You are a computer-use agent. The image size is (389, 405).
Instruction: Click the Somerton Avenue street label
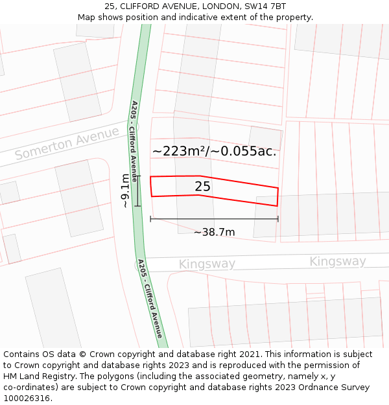[67, 144]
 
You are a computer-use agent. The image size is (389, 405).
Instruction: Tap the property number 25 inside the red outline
[203, 187]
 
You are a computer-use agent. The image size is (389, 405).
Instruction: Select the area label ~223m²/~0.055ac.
[215, 152]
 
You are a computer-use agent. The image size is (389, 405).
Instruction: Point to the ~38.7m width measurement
[214, 232]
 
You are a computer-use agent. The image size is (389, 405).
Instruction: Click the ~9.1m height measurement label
[125, 191]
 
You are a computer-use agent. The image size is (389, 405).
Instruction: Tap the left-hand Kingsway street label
[207, 264]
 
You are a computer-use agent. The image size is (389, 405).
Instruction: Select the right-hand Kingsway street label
[337, 261]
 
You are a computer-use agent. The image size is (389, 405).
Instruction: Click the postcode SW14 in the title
[256, 6]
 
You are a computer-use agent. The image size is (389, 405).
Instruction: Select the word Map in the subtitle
[86, 17]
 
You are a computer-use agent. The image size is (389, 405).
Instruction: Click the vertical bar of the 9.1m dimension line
[137, 191]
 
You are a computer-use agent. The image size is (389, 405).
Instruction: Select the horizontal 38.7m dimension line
[214, 219]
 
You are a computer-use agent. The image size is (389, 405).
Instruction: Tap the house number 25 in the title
[109, 6]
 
